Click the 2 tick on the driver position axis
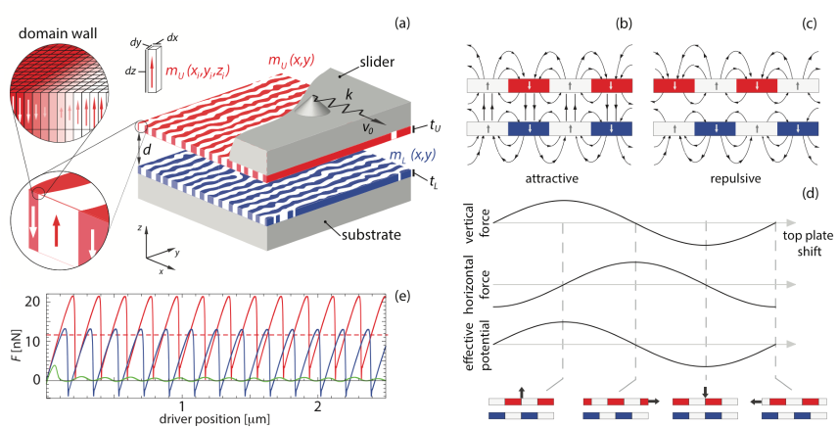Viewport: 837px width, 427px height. [x=317, y=403]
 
